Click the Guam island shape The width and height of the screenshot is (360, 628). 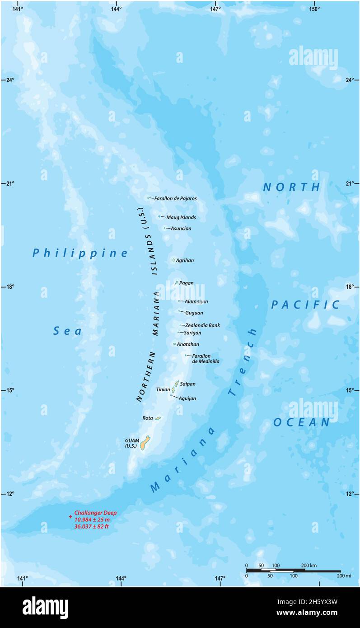click(145, 442)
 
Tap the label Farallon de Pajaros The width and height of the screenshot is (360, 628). click(175, 198)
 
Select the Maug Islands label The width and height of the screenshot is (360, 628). click(181, 217)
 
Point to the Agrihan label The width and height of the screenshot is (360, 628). click(185, 260)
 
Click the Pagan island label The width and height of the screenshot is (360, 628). click(186, 283)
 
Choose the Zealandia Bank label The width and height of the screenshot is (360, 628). click(202, 325)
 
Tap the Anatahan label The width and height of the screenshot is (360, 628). click(188, 344)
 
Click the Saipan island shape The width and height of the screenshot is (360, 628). click(177, 383)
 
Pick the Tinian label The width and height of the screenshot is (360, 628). click(163, 389)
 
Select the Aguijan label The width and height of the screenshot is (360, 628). click(187, 398)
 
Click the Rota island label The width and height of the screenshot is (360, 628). click(148, 418)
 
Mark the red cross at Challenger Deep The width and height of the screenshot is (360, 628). click(70, 516)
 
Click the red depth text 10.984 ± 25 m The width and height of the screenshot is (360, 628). click(92, 520)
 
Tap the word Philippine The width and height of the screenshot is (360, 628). click(80, 253)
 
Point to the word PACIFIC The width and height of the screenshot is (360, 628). click(305, 305)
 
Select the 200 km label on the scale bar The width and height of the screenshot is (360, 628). click(309, 566)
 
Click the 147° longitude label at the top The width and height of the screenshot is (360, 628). click(215, 9)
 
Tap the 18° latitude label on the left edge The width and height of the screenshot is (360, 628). click(9, 286)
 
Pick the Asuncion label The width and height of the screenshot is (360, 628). click(181, 229)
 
